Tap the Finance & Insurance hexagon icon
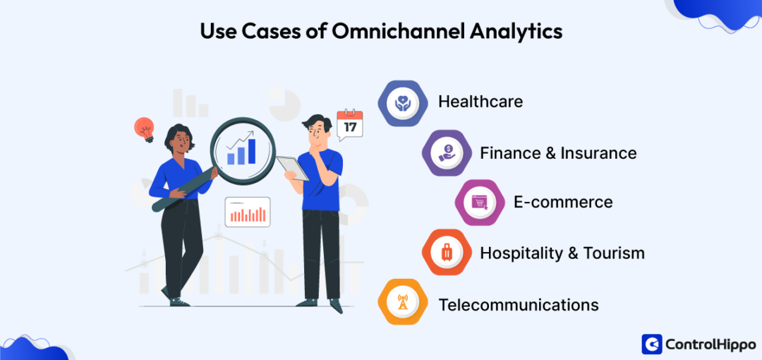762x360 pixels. (446, 152)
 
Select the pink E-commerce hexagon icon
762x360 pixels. (480, 203)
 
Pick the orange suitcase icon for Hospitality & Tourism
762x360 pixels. (446, 252)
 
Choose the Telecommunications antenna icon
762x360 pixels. (402, 303)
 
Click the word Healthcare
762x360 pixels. (480, 102)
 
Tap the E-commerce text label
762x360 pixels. (563, 202)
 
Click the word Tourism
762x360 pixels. (614, 253)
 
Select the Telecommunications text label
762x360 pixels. (519, 305)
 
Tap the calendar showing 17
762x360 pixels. (350, 124)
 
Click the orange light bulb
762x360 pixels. (145, 129)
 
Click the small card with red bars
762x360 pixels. (248, 212)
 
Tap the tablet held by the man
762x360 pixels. (292, 168)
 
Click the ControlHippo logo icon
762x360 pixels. (651, 344)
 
